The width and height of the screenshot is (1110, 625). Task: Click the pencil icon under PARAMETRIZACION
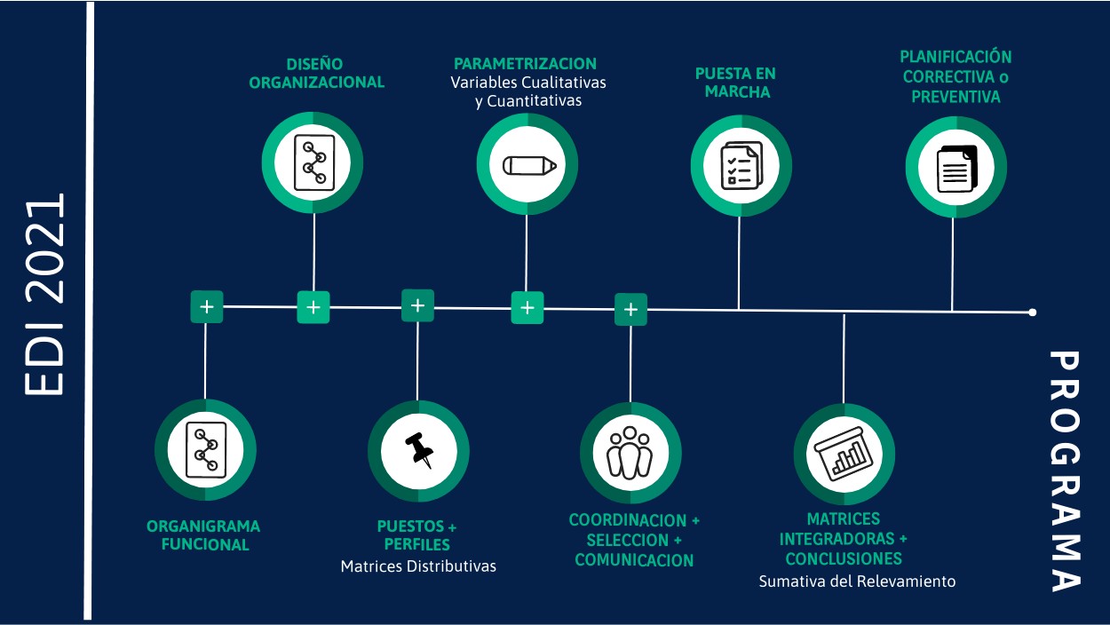[528, 165]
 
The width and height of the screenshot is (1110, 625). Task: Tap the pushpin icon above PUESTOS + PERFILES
[418, 450]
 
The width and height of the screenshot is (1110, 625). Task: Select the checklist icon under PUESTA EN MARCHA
[741, 165]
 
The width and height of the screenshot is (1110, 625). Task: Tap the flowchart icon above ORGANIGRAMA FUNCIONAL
[206, 449]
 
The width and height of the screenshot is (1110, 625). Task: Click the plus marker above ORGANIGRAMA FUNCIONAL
[206, 307]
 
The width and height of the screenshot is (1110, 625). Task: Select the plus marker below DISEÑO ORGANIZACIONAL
[313, 307]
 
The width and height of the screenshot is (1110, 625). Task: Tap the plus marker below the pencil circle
[527, 308]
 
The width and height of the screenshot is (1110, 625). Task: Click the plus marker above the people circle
[630, 310]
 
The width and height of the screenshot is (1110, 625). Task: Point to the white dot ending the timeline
[1032, 312]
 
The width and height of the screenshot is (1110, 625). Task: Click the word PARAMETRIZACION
[525, 64]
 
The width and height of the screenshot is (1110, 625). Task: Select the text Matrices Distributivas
[418, 566]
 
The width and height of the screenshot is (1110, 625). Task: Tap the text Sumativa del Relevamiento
[857, 581]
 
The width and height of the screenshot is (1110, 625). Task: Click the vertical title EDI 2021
[44, 294]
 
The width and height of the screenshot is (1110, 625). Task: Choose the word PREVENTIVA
[955, 97]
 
